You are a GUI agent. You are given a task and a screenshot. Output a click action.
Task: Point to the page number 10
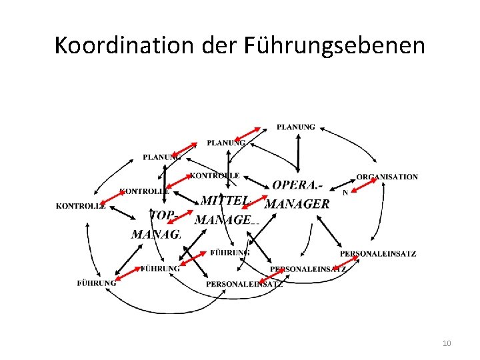447,343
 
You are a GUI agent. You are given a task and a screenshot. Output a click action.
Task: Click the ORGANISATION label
387,177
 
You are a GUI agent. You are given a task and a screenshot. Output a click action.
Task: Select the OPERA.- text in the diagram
297,185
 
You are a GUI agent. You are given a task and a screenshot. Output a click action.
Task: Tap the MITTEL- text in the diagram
225,200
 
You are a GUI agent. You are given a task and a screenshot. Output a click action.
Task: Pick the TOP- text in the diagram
162,215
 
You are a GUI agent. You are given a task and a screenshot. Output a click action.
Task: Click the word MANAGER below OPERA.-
297,204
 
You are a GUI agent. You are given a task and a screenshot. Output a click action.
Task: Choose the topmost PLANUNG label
296,127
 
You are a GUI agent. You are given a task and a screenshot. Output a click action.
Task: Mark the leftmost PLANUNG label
161,157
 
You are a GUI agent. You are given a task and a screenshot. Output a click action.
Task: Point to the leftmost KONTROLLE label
81,206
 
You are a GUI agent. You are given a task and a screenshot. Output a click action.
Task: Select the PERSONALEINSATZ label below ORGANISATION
378,254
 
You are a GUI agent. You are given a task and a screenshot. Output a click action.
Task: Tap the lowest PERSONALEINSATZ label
244,284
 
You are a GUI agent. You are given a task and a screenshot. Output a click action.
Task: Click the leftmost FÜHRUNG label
97,283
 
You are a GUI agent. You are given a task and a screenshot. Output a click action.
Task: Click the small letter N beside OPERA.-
345,193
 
